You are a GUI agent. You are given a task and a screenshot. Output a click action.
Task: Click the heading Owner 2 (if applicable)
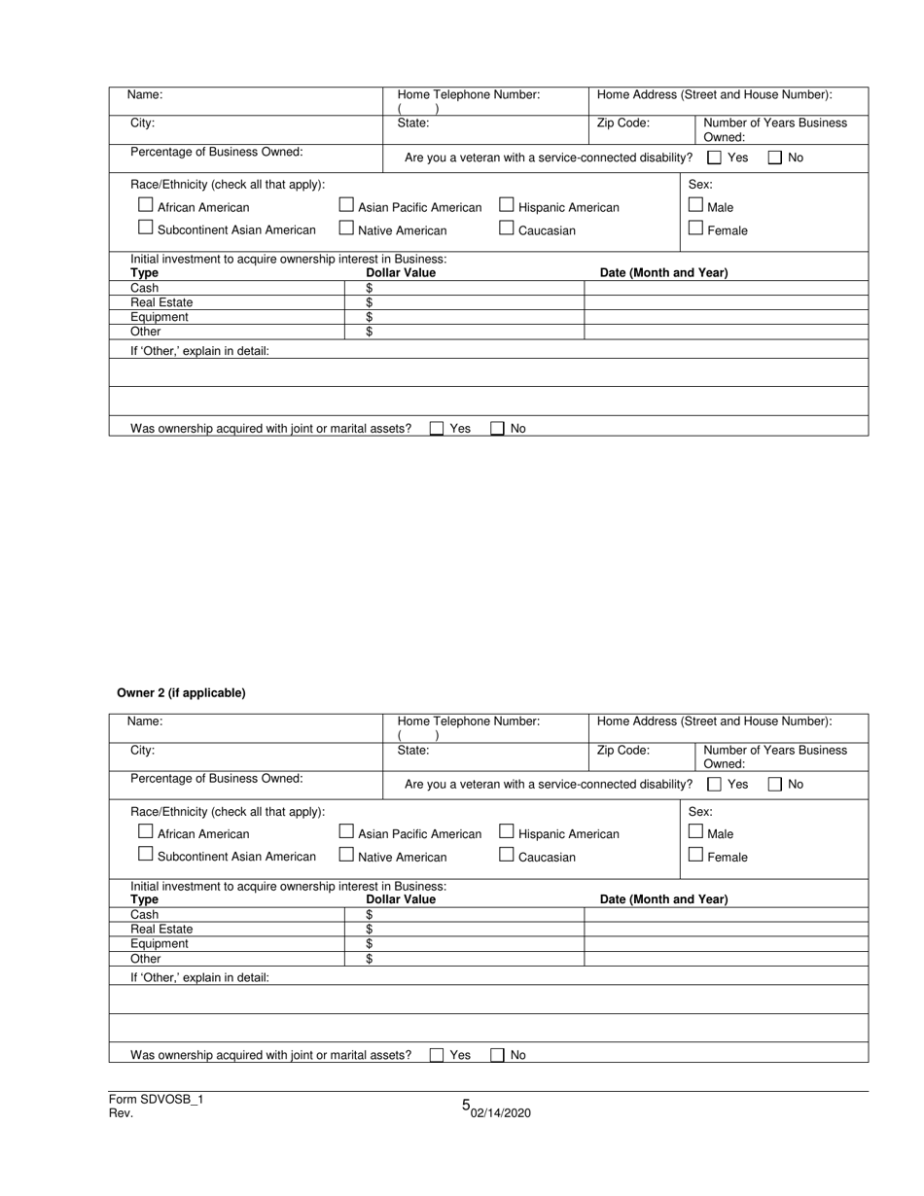click(181, 693)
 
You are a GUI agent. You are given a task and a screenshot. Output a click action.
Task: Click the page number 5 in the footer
click(466, 1105)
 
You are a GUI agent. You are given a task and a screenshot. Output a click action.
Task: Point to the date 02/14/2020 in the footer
click(501, 1113)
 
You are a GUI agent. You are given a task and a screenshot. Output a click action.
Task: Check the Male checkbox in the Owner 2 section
click(695, 831)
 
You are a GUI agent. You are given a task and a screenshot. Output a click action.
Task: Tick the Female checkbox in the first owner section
click(695, 229)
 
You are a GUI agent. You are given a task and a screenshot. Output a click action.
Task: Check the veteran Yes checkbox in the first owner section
click(715, 158)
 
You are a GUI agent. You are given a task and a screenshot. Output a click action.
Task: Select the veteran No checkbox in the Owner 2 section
click(775, 784)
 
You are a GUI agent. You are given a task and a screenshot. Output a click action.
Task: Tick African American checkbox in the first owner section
click(146, 205)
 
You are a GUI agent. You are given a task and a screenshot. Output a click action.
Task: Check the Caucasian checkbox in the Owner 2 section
click(506, 855)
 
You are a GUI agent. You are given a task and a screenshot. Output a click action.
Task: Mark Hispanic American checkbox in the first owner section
click(506, 205)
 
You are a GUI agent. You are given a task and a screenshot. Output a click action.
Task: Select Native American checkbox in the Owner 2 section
click(346, 855)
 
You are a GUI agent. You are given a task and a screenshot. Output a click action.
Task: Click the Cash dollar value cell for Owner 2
click(477, 915)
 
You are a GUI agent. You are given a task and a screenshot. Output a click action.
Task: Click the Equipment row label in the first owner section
click(160, 317)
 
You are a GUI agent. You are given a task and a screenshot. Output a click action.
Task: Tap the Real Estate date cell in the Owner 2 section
click(725, 930)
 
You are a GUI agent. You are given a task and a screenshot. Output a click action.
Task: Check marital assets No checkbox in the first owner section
click(498, 429)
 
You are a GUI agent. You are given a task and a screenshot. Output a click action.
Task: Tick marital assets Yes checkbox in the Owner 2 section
click(437, 1055)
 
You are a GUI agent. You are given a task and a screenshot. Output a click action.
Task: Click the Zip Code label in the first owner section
click(622, 123)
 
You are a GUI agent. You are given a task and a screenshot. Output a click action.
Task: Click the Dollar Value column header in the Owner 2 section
click(401, 899)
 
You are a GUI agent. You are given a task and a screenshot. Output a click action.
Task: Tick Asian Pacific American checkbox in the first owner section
click(346, 205)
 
